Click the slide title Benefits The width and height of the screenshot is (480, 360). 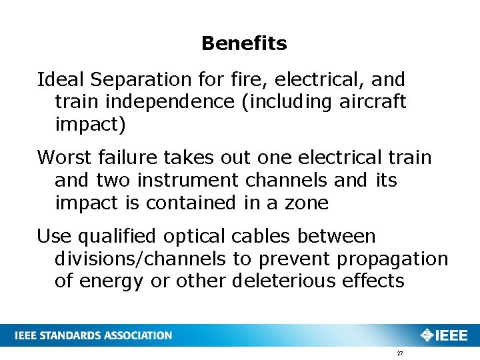tap(244, 44)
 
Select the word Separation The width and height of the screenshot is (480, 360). tap(142, 80)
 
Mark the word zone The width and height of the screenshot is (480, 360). tap(307, 203)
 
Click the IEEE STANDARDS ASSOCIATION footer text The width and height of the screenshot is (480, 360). tap(94, 335)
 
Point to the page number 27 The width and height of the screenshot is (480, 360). tap(399, 353)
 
